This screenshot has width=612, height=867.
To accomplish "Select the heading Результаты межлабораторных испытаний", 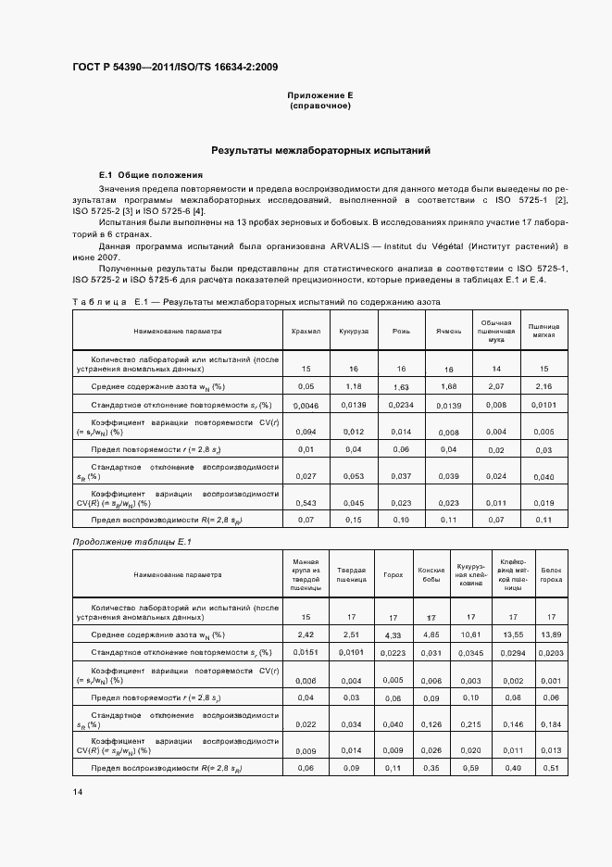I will (306, 150).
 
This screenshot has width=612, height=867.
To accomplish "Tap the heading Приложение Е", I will (320, 95).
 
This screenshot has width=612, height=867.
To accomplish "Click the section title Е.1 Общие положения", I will (151, 175).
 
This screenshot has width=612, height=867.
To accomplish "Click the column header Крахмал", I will (306, 331).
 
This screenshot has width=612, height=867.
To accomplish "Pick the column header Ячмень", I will (448, 331).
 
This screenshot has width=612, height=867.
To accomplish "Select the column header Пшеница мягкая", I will (543, 331).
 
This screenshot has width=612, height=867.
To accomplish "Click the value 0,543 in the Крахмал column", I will (306, 502).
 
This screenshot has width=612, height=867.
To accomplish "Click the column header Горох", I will (393, 574).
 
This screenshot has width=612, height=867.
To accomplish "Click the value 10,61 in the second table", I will (469, 634).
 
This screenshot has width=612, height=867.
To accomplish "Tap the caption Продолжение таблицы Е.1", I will (123, 541).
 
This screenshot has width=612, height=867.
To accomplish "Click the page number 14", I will (77, 791).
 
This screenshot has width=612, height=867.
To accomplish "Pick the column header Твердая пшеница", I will (351, 574).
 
